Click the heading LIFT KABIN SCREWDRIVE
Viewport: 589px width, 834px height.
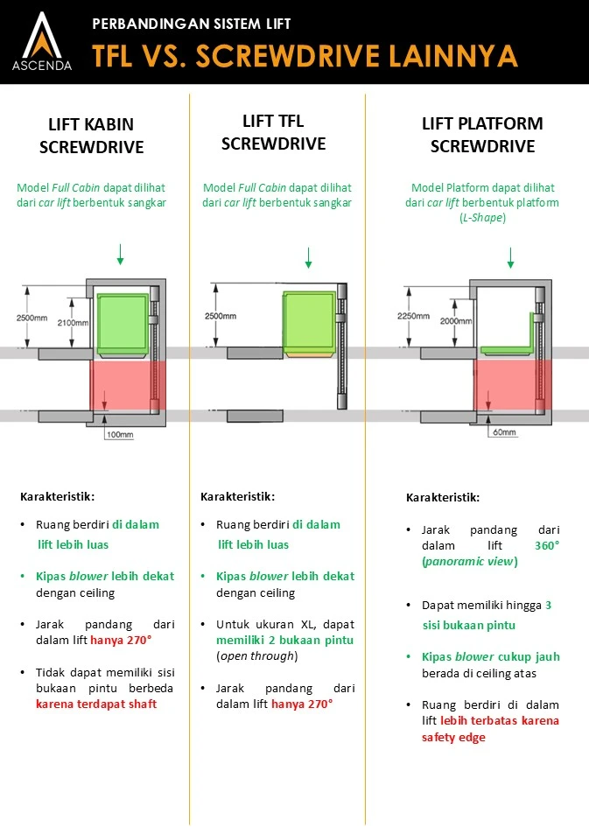(91, 135)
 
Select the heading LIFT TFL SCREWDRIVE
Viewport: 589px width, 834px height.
(273, 132)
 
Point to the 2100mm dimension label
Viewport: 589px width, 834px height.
(74, 323)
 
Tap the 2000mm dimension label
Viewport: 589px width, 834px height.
(456, 321)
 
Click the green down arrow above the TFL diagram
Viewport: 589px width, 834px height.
(308, 258)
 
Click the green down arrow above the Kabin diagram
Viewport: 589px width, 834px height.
(120, 255)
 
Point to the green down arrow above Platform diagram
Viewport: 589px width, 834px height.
(511, 258)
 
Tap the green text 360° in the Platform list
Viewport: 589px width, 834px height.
(547, 545)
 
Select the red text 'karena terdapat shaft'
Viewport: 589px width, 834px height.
(96, 704)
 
